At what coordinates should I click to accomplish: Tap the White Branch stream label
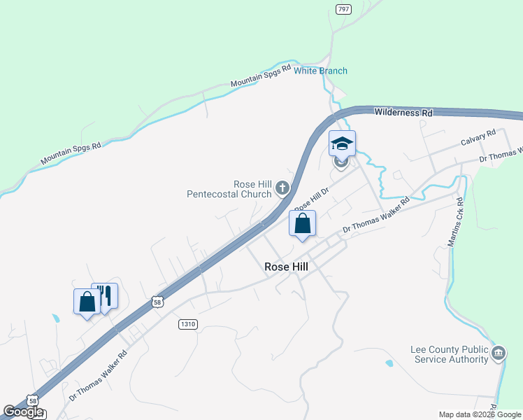pyautogui.click(x=320, y=71)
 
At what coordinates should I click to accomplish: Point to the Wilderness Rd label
pyautogui.click(x=403, y=112)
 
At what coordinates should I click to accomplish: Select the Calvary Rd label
pyautogui.click(x=478, y=136)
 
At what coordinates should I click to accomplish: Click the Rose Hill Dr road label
pyautogui.click(x=312, y=198)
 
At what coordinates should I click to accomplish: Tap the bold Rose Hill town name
pyautogui.click(x=286, y=266)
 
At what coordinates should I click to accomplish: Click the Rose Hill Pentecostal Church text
pyautogui.click(x=229, y=188)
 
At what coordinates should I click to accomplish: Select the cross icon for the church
pyautogui.click(x=282, y=187)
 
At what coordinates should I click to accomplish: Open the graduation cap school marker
pyautogui.click(x=342, y=143)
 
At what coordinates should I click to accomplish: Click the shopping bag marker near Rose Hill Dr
pyautogui.click(x=302, y=224)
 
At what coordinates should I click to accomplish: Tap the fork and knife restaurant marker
pyautogui.click(x=106, y=295)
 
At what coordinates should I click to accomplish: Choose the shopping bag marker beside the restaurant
pyautogui.click(x=87, y=301)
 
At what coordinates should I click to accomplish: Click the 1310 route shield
pyautogui.click(x=187, y=324)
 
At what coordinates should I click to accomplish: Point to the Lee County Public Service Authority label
pyautogui.click(x=448, y=355)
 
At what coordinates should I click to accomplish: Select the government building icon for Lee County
pyautogui.click(x=499, y=353)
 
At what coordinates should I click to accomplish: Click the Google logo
pyautogui.click(x=23, y=412)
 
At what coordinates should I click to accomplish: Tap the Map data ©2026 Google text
pyautogui.click(x=480, y=414)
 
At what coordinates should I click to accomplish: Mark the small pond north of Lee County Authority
pyautogui.click(x=389, y=363)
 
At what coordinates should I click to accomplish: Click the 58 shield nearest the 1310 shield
pyautogui.click(x=158, y=302)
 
